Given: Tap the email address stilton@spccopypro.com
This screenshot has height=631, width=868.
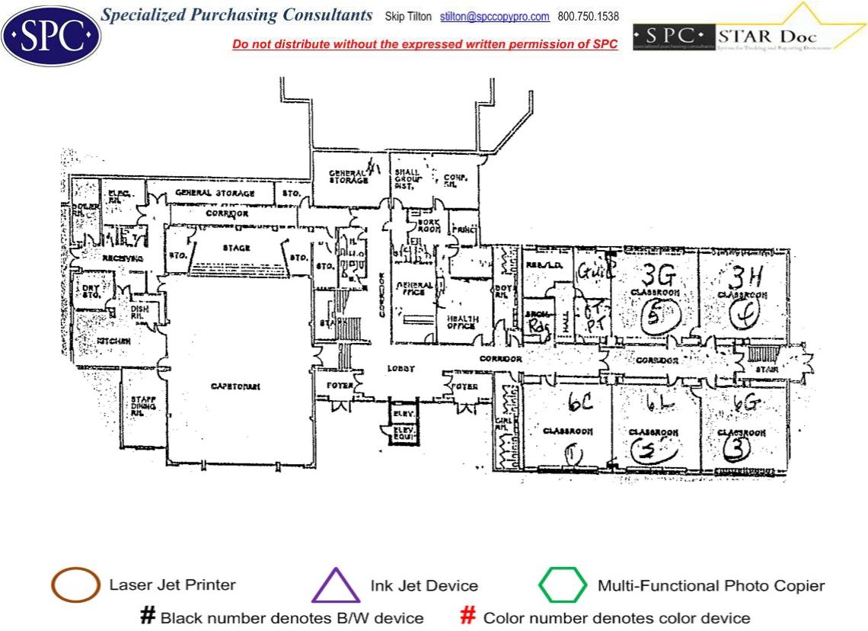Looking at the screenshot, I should point(494,17).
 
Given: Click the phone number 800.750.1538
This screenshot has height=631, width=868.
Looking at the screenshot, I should point(588,17).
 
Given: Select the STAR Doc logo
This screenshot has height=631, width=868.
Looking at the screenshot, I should point(750,34).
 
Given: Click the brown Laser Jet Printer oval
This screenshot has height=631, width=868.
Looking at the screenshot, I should point(75,585).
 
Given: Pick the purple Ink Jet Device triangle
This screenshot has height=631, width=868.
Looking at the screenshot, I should point(336,586).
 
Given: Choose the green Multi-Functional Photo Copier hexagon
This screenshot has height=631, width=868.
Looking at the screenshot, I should point(563,585).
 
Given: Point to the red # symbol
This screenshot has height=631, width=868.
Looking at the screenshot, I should point(469,617).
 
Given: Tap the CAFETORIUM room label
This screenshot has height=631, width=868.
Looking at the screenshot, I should point(235,387).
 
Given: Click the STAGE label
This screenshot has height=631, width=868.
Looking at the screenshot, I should point(236,248).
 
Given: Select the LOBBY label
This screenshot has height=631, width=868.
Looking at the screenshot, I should point(400,369).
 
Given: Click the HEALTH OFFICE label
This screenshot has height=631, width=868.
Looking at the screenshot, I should point(461,322).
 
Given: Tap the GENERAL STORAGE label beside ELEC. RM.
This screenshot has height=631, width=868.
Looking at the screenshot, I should point(215,194).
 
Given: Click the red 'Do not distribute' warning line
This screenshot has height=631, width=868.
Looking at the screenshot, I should point(425,44).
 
